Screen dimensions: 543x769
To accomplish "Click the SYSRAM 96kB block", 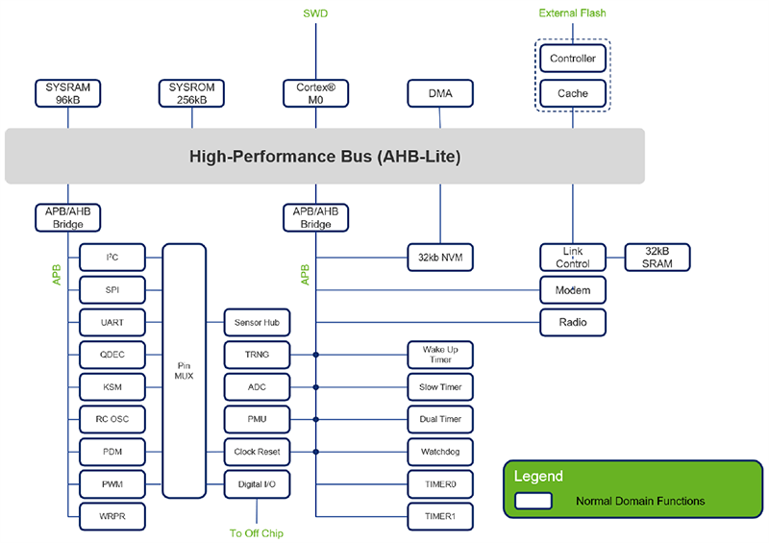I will tap(67, 92).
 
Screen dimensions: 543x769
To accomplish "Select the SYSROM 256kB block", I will tap(192, 92).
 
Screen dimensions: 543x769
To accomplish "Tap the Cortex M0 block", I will tap(315, 92).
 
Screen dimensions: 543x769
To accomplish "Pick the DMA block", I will tap(440, 93).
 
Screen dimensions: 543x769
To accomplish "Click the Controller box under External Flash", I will tap(573, 59).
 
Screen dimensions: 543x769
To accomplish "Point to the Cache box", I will tap(573, 93).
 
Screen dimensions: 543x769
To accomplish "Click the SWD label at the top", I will tap(315, 13).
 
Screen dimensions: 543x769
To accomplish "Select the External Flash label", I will tap(573, 13).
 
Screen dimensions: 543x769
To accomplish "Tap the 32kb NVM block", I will tap(440, 257).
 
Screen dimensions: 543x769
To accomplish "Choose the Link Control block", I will tap(573, 257).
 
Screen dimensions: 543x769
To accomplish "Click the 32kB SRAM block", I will tap(657, 257).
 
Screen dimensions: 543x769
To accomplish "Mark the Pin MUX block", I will tap(184, 370).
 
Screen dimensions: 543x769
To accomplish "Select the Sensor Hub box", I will tap(257, 322).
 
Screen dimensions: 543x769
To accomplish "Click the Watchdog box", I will tap(440, 451).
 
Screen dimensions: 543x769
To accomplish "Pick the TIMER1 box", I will tap(440, 516).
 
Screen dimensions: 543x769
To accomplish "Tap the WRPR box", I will tap(112, 516).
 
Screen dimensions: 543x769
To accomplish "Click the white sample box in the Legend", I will tap(533, 501).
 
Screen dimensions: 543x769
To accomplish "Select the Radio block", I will tap(573, 322).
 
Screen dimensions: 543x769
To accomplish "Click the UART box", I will tap(112, 322).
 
